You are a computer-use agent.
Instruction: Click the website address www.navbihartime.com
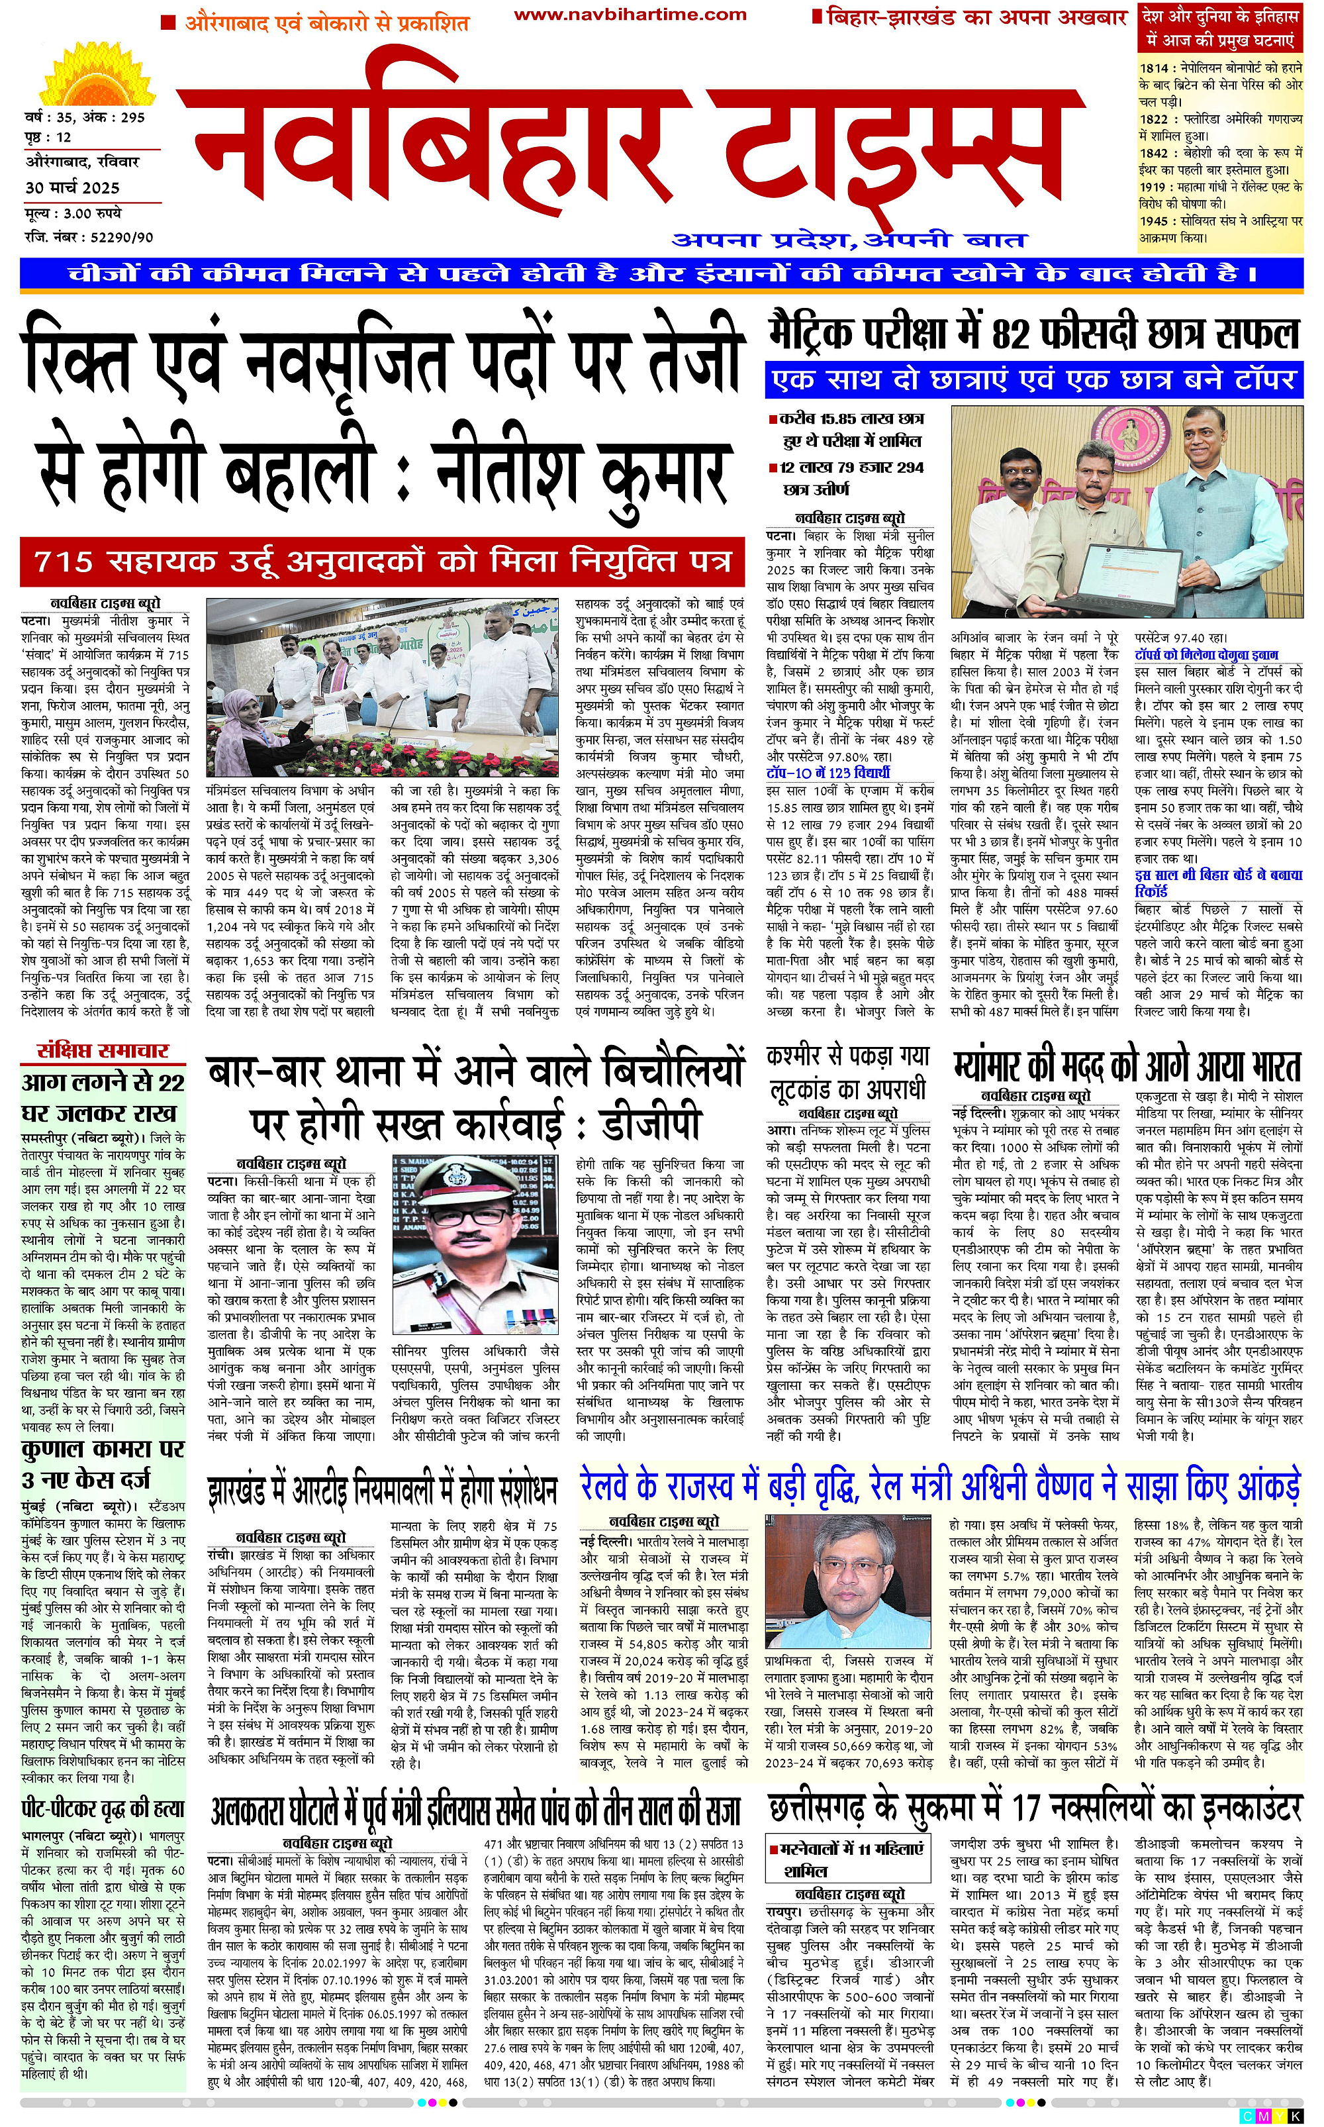(x=630, y=15)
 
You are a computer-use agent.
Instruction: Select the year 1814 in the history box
(x=1153, y=68)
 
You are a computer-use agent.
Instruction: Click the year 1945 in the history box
(x=1153, y=222)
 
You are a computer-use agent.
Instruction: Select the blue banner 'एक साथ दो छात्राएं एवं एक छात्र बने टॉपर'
(x=1033, y=379)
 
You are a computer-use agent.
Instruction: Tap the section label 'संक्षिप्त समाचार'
(x=103, y=1052)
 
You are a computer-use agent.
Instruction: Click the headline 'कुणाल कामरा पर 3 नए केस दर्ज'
(x=103, y=1465)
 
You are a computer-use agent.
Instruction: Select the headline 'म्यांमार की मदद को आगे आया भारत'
(x=1127, y=1067)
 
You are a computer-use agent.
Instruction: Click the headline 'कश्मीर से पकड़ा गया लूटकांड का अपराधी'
(x=847, y=1073)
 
